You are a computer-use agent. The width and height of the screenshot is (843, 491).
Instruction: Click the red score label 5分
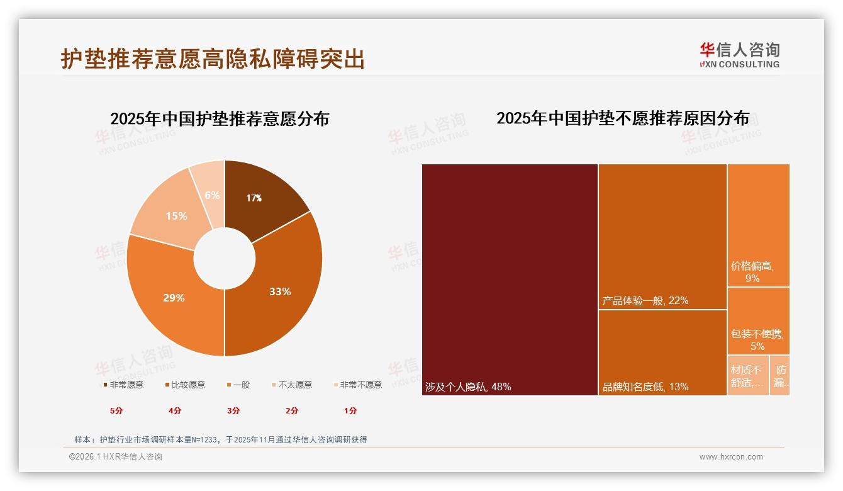pos(116,410)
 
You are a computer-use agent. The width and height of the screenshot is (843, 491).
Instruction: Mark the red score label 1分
pos(350,410)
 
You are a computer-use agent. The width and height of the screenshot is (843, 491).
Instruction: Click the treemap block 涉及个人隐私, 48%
pos(510,279)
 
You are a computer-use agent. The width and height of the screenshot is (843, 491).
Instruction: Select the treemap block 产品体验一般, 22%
pos(662,237)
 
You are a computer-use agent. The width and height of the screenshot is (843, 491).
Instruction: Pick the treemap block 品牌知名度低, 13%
pos(662,353)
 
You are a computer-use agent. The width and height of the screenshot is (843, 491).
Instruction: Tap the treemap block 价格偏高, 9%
pos(758,225)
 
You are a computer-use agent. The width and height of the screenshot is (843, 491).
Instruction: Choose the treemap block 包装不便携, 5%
pos(758,321)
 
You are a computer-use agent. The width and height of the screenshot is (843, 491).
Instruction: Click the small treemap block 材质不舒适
pos(747,376)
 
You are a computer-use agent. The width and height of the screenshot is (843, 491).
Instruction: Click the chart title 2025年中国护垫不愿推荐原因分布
pos(623,118)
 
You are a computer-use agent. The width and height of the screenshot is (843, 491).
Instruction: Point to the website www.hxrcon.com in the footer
pos(731,457)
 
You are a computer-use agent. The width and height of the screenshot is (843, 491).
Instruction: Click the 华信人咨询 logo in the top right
pos(739,55)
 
